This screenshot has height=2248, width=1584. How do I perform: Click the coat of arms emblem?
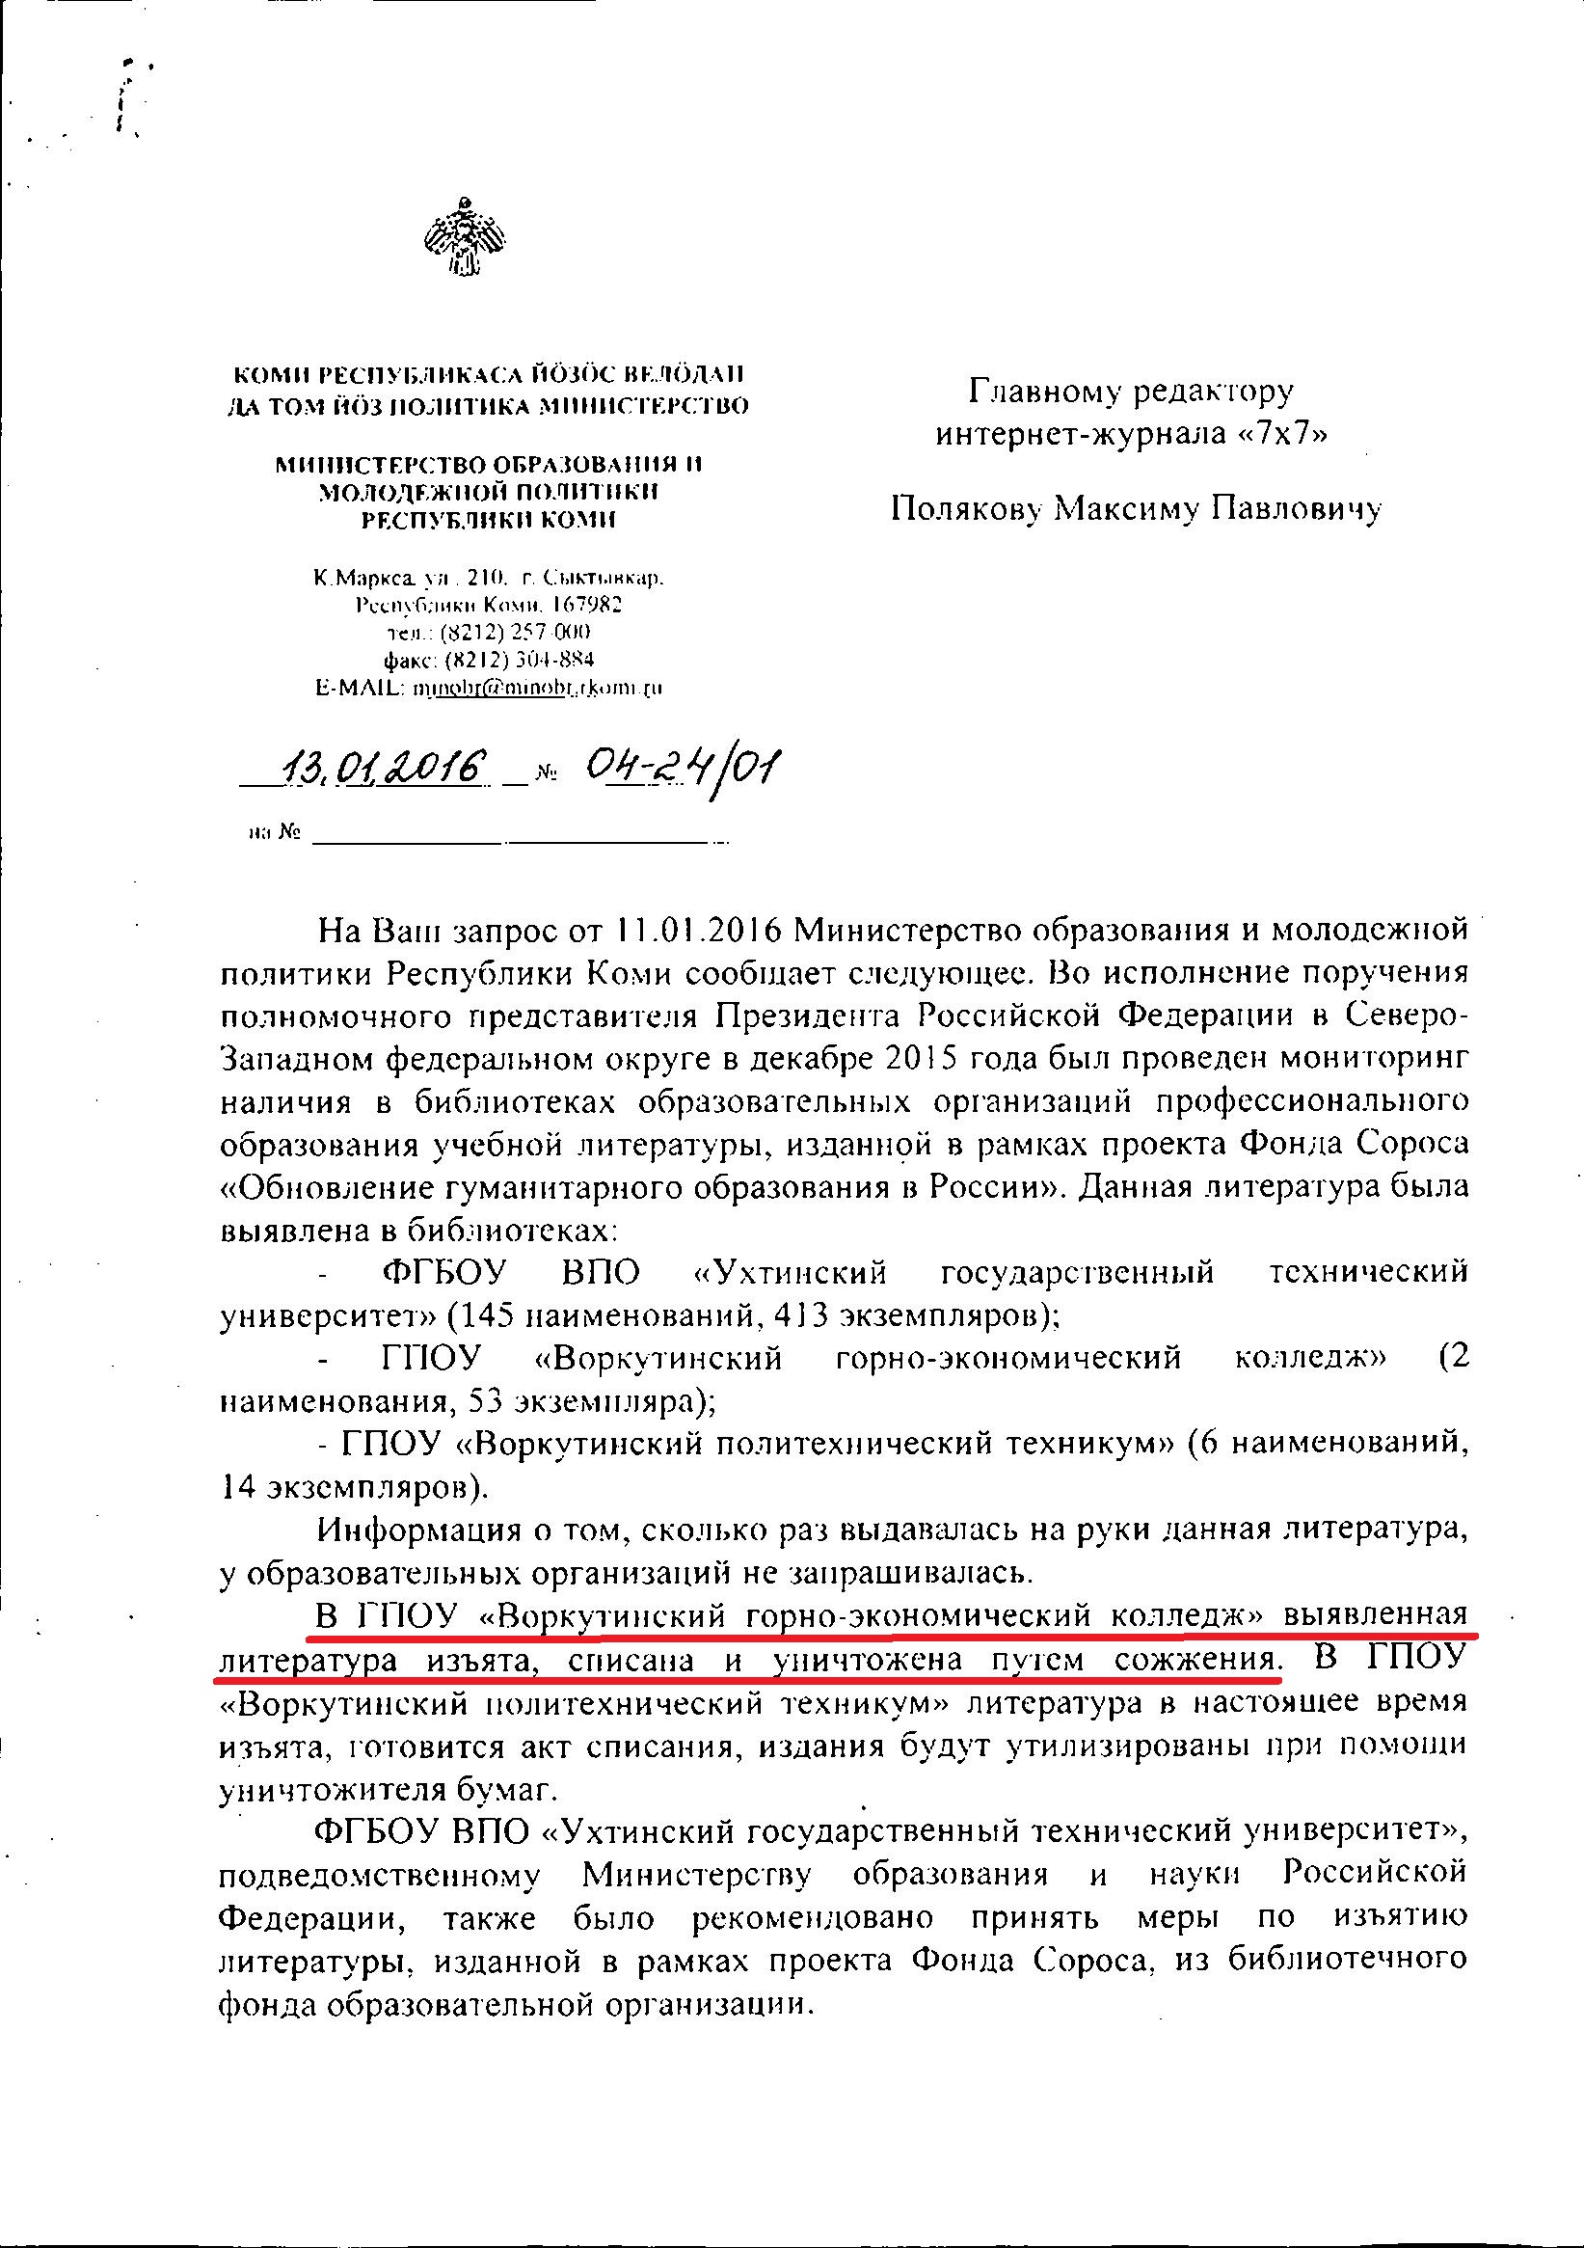465,235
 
